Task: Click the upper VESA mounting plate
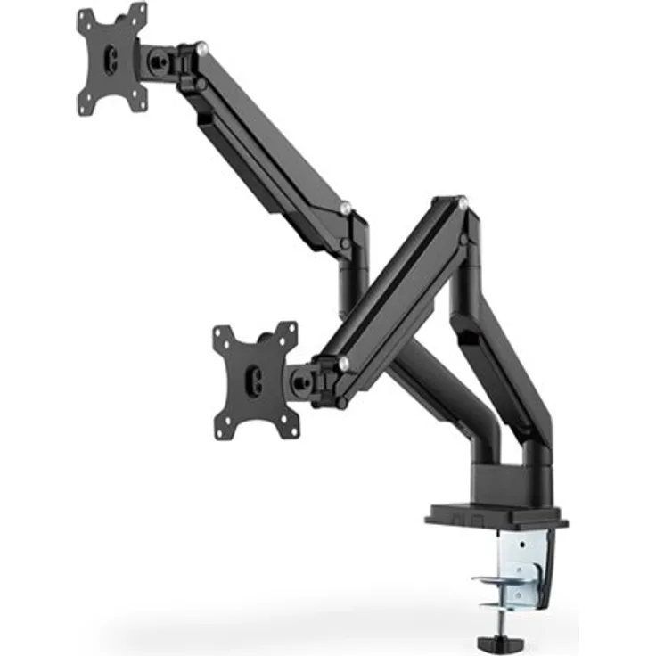coord(112,59)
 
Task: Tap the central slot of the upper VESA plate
coord(111,59)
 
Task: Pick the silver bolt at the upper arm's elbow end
coord(345,210)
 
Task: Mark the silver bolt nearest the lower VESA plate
coord(343,363)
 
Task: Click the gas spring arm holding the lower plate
coord(401,285)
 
